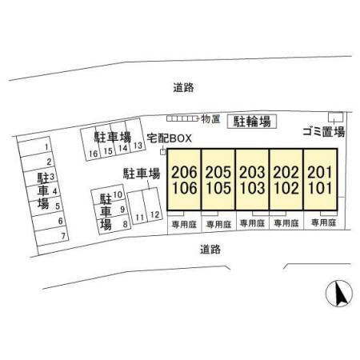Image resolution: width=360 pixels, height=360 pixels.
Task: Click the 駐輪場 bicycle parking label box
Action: pos(252,122)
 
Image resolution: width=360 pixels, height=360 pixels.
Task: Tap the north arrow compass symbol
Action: pos(339,293)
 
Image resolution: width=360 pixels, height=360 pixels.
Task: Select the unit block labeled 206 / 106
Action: pos(184,179)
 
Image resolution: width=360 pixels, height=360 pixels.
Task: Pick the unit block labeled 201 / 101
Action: pos(320,179)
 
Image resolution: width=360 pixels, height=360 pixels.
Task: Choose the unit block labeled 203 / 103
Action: pos(252,179)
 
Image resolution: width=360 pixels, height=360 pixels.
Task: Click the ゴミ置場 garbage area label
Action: pos(324,132)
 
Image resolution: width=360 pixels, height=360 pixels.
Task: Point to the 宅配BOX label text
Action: pos(170,138)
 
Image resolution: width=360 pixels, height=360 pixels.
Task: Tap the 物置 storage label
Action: pos(210,119)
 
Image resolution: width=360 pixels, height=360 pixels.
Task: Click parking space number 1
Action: pos(34,146)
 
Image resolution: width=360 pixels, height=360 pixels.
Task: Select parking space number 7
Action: pos(51,236)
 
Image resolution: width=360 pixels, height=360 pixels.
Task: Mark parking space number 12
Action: pos(153,205)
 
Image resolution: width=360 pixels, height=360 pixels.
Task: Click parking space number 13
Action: pos(136,135)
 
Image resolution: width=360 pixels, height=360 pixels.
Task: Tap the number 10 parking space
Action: pos(109,194)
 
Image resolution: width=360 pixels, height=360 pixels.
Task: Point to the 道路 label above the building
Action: pos(184,87)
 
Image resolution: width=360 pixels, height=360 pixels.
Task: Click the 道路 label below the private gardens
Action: pos(210,250)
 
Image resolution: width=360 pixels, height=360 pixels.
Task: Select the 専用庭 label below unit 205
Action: pos(218,224)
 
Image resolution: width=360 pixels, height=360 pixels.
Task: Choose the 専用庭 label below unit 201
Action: pos(323,222)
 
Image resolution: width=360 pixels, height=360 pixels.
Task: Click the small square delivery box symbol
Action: pos(162,152)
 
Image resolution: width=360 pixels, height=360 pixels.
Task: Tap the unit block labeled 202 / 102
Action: pos(286,179)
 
